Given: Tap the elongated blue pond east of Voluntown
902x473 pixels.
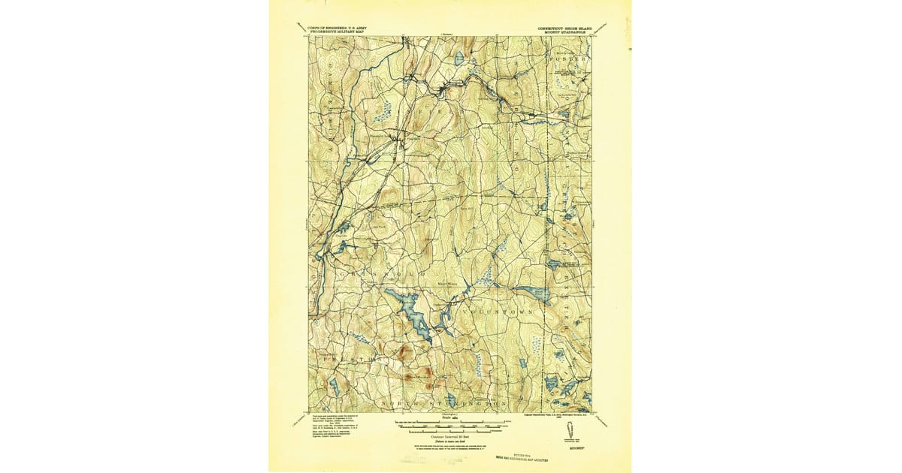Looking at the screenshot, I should (x=532, y=293).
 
